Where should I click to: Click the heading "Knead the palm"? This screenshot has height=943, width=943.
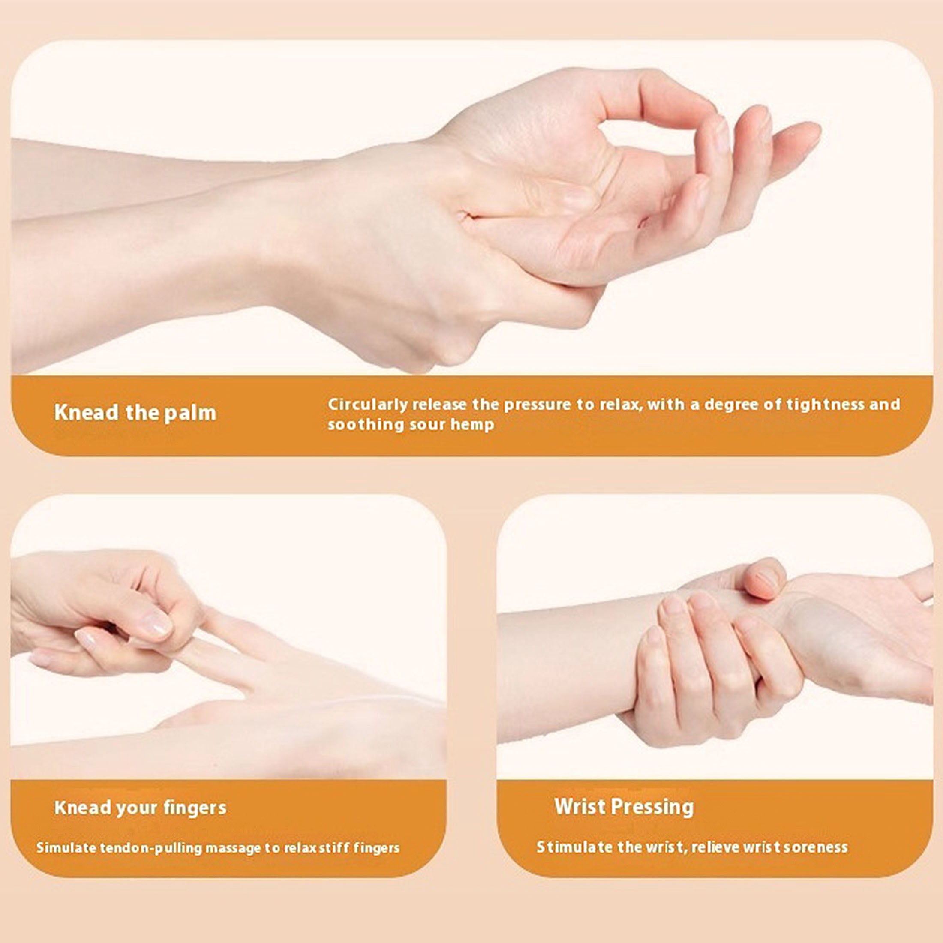(x=135, y=412)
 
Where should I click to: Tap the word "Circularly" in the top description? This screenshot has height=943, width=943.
(x=368, y=405)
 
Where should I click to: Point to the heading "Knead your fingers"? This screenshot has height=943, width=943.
(x=140, y=808)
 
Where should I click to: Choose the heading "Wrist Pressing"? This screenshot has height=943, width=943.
(x=624, y=807)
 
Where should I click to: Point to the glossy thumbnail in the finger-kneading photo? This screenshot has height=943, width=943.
(x=157, y=624)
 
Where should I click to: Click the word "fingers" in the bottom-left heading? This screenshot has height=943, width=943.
(x=195, y=808)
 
